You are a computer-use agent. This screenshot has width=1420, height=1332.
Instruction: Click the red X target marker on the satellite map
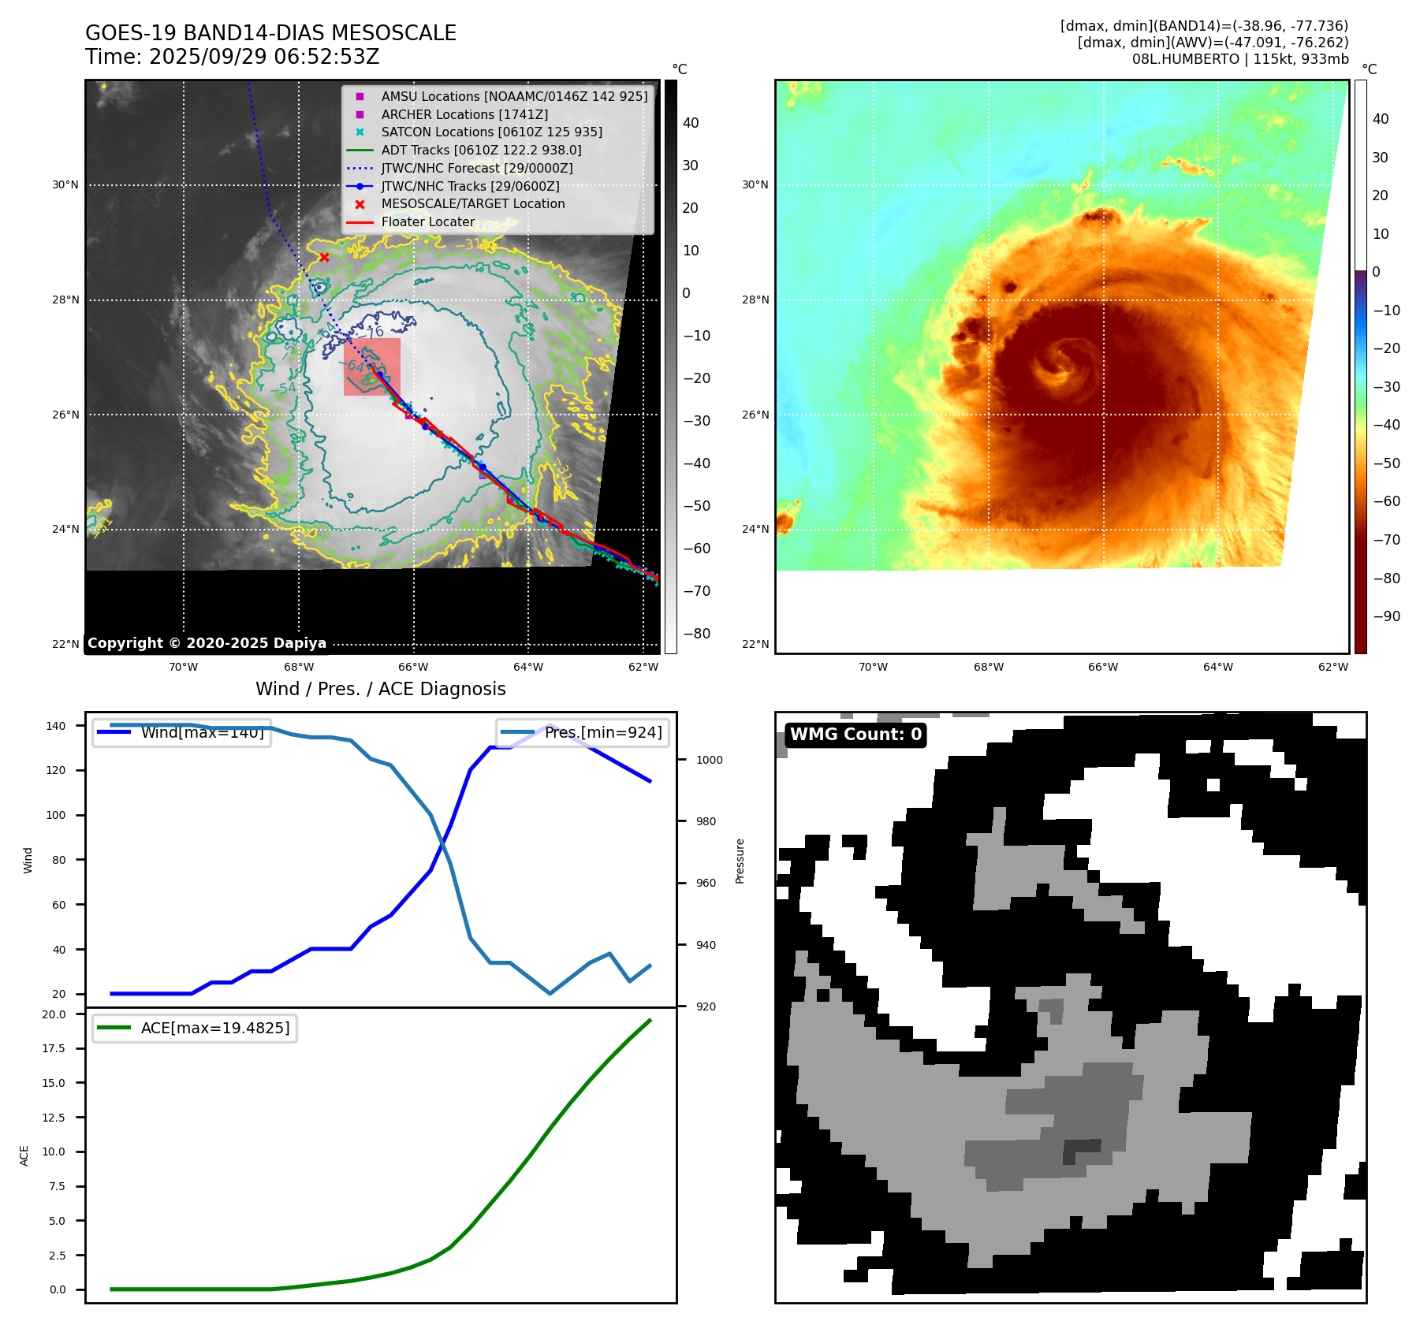324,258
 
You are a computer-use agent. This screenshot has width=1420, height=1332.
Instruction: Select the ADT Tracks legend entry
481,150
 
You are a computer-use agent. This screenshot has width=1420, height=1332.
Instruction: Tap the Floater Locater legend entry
427,222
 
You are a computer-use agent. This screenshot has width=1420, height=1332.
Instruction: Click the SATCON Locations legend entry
491,132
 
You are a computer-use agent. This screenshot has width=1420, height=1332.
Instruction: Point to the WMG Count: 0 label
855,735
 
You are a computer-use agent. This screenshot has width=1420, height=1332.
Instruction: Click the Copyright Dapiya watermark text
207,643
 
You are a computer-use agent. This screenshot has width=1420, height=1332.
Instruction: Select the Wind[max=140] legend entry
202,733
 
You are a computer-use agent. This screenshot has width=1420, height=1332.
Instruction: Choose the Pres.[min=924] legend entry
603,733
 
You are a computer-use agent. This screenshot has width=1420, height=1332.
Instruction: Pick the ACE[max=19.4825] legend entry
214,1028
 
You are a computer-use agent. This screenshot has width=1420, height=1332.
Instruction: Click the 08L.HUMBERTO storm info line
1239,59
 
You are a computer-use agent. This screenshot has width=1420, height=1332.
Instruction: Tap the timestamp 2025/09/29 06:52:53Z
264,58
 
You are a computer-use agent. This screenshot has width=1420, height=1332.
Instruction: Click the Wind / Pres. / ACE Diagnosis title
381,690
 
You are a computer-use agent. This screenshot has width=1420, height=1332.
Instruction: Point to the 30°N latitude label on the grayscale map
65,185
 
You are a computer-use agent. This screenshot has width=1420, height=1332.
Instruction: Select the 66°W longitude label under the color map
1102,668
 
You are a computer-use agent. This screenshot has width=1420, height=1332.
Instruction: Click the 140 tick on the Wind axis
56,726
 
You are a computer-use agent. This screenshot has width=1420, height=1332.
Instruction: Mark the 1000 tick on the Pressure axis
710,760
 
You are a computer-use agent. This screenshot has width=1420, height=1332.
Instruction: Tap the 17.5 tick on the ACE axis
54,1048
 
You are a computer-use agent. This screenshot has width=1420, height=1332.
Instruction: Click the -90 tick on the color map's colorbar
1386,616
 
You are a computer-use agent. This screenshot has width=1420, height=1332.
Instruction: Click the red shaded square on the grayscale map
372,366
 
